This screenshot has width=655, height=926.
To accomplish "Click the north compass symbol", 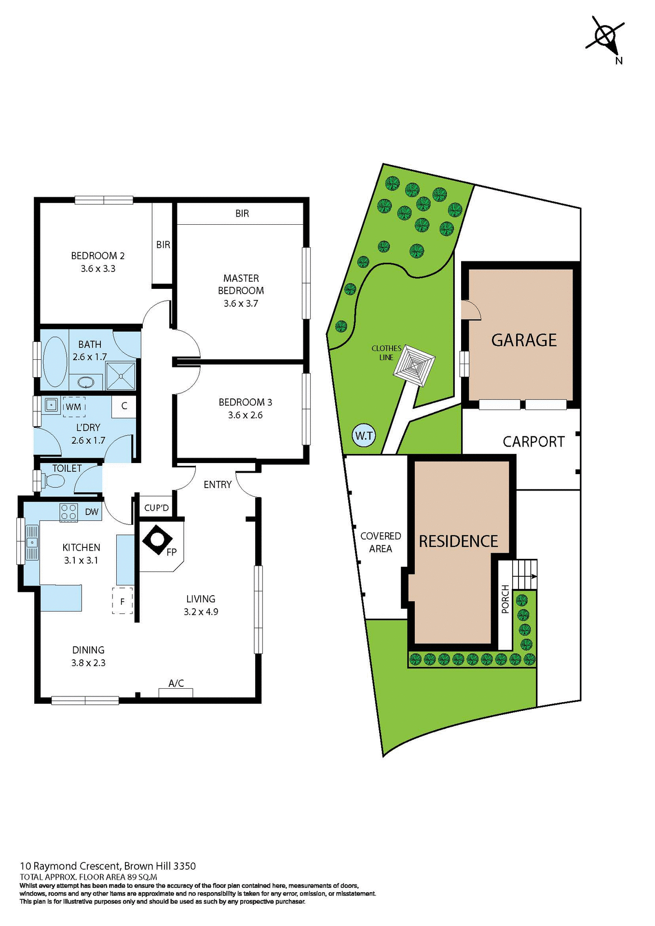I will pos(605,37).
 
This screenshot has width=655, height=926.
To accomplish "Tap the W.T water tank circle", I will pos(364,436).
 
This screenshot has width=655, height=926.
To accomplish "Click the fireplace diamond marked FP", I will pos(157,540).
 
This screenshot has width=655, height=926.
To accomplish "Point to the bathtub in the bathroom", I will pos(55,362).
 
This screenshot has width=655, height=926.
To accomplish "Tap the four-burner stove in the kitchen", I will pos(68,512).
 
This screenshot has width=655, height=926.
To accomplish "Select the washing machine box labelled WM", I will pos(74,407).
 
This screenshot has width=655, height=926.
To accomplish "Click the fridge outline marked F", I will pos(123,601).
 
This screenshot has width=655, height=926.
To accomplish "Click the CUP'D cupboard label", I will pos(157,508).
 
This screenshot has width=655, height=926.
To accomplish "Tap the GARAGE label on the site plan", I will pos(524,340).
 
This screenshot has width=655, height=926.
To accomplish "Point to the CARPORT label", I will pos(533,442).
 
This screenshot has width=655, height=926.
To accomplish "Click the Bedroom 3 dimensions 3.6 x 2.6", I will pos(245,415).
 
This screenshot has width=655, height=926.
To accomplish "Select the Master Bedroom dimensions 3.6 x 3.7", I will pos(241,303).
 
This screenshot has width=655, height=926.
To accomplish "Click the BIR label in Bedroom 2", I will pos(163,245).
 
